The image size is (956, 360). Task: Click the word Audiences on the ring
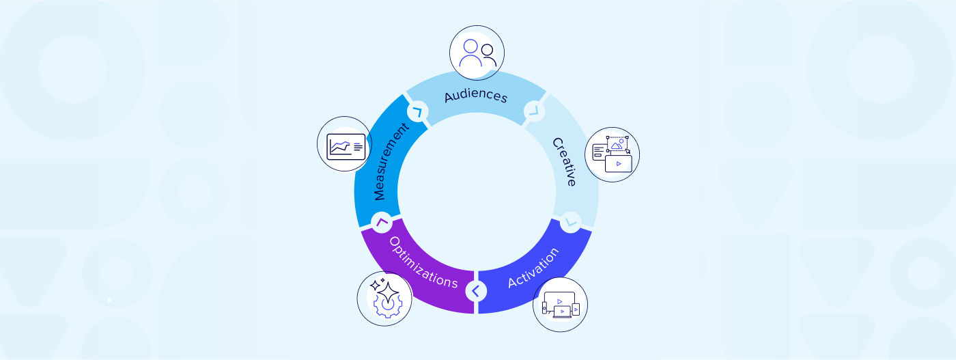(476, 96)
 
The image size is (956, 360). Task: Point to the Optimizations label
(423, 262)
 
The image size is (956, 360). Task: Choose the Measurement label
(391, 161)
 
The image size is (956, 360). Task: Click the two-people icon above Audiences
(477, 53)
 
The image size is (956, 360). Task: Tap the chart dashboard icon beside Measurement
(345, 145)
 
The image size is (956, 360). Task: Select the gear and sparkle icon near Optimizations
(384, 299)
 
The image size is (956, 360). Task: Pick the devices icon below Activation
(560, 305)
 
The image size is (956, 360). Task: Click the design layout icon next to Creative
(613, 154)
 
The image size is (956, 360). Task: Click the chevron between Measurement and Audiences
(416, 111)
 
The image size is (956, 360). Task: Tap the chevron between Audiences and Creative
(534, 111)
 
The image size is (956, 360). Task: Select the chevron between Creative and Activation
(570, 221)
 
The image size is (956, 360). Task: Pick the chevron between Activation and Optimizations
(476, 291)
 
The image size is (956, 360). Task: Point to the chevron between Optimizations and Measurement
(382, 221)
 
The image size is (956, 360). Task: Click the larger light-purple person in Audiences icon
(470, 53)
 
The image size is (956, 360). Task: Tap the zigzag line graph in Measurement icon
(340, 146)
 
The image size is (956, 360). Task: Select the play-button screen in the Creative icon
(619, 164)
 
